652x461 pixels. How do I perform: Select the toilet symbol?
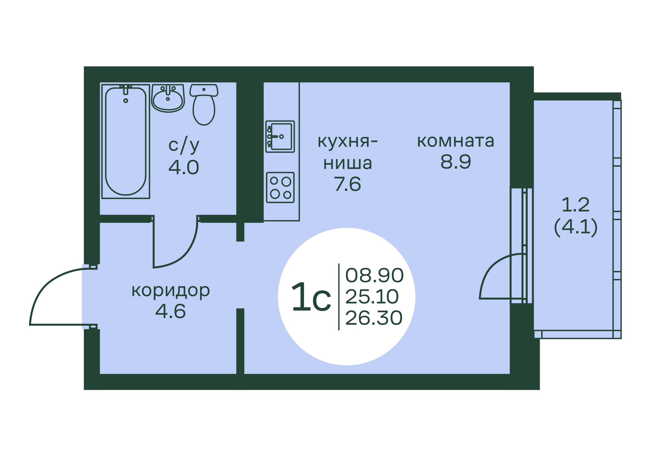tap(204, 104)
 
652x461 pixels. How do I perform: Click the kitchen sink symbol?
tap(280, 137)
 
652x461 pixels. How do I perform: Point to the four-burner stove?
tap(280, 188)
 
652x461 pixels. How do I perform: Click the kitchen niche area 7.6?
tap(348, 184)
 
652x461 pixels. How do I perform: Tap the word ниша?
tap(348, 163)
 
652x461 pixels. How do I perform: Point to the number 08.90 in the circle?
tap(375, 275)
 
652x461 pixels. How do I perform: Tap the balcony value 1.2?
tap(576, 205)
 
